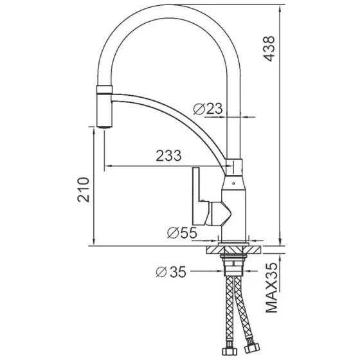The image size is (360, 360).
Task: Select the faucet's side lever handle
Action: coord(200,196)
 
